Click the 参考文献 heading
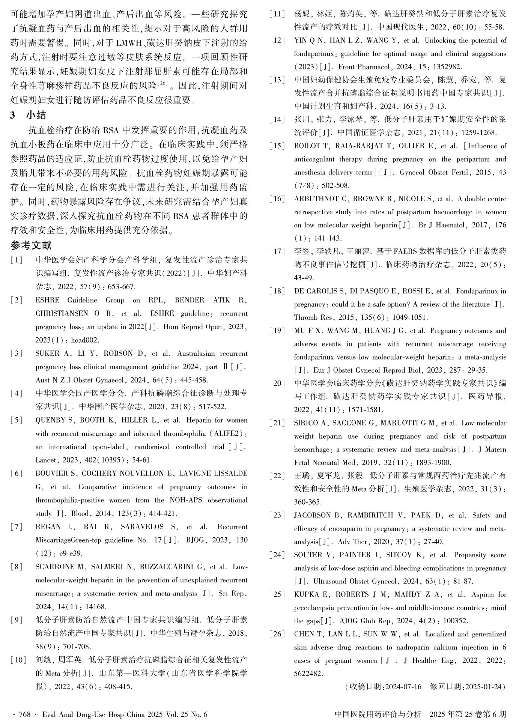click(x=31, y=245)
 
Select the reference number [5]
click(x=17, y=420)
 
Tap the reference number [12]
click(x=277, y=41)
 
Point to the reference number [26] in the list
click(x=277, y=634)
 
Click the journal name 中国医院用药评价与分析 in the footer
click(x=378, y=714)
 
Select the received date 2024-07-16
click(x=403, y=687)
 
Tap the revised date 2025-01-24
click(x=483, y=687)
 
